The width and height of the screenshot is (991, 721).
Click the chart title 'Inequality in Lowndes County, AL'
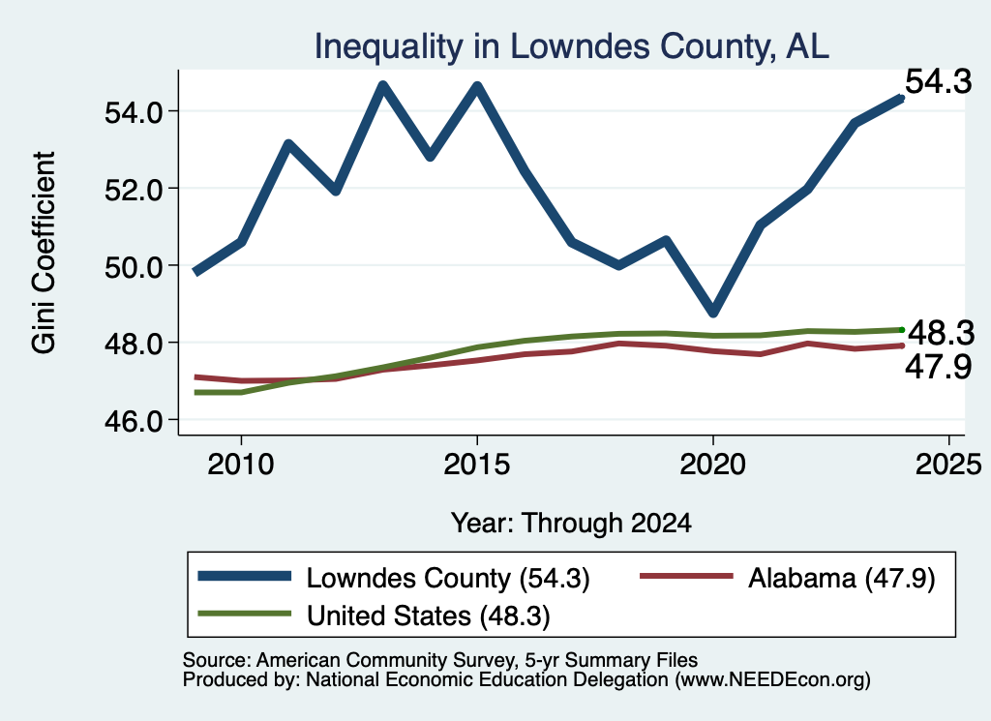point(571,46)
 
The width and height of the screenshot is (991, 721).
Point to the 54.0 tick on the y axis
point(134,112)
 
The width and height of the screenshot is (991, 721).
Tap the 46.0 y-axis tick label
point(134,420)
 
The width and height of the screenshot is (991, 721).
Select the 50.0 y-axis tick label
point(134,266)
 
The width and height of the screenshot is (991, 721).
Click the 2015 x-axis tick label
point(476,465)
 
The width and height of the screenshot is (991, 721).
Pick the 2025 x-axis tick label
point(948,465)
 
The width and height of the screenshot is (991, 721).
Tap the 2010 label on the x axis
point(241,465)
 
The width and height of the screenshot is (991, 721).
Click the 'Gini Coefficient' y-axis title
point(44,253)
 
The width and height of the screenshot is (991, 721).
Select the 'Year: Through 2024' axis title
point(571,524)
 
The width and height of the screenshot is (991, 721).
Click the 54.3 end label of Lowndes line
point(939,81)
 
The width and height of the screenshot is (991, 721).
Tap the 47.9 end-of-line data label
point(939,367)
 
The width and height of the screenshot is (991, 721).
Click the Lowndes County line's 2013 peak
point(383,84)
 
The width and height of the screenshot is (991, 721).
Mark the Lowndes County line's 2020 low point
point(713,313)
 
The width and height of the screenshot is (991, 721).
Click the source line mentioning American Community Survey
point(440,660)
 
